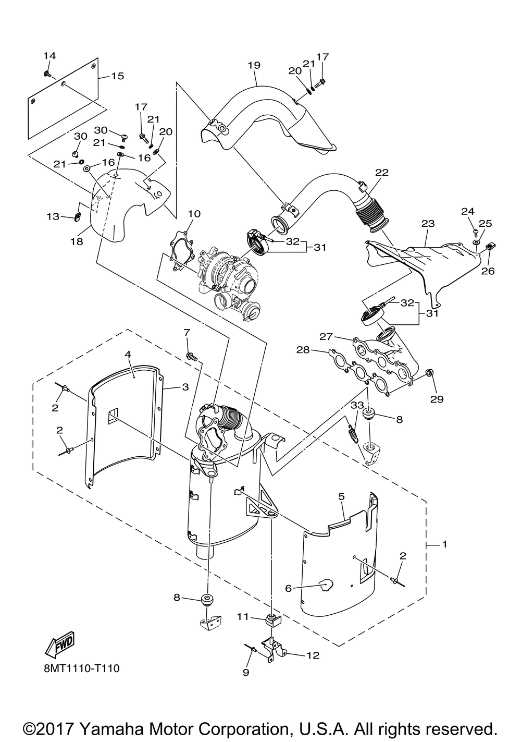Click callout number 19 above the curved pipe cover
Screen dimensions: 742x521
coord(254,65)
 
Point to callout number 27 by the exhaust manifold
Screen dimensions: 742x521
coord(326,337)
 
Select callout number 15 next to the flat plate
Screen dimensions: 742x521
coord(117,76)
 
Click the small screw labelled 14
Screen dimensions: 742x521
coord(47,74)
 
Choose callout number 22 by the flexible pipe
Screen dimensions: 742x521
coord(381,173)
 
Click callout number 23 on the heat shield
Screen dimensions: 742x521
coord(428,224)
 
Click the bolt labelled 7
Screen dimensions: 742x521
coord(192,357)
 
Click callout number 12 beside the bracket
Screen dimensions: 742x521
coord(313,655)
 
